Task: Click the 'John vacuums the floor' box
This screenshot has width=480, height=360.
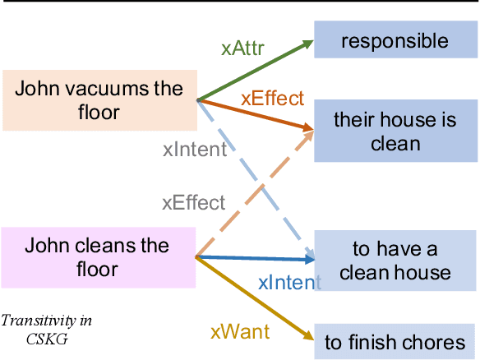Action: pos(99,99)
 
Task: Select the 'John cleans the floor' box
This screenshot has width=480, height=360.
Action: pos(99,257)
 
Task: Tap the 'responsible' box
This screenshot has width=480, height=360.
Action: pos(395,40)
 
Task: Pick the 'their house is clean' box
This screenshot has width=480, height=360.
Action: pos(395,132)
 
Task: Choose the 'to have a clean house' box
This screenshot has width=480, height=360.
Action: pos(395,261)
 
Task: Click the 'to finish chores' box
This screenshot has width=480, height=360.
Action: pos(395,342)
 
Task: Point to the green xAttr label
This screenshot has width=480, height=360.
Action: pos(242,48)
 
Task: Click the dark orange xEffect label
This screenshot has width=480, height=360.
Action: pos(272,99)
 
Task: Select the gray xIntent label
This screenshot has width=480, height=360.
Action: pos(194,150)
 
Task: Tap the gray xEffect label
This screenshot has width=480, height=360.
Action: pos(193,202)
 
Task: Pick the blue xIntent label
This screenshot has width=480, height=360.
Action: pos(288,283)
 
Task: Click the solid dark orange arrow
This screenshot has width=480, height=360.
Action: pos(255,114)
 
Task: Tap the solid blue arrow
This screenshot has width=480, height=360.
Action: pos(255,259)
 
